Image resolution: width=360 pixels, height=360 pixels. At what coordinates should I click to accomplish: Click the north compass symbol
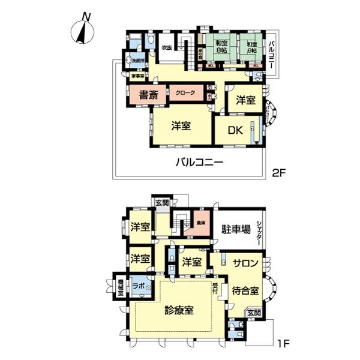82,31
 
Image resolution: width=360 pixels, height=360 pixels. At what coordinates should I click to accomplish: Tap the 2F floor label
279,173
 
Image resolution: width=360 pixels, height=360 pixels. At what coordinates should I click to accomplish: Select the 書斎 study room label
148,95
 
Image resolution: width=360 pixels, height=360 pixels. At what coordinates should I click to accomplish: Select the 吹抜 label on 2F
167,47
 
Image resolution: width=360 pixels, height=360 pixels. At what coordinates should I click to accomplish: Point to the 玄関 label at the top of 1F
162,203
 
